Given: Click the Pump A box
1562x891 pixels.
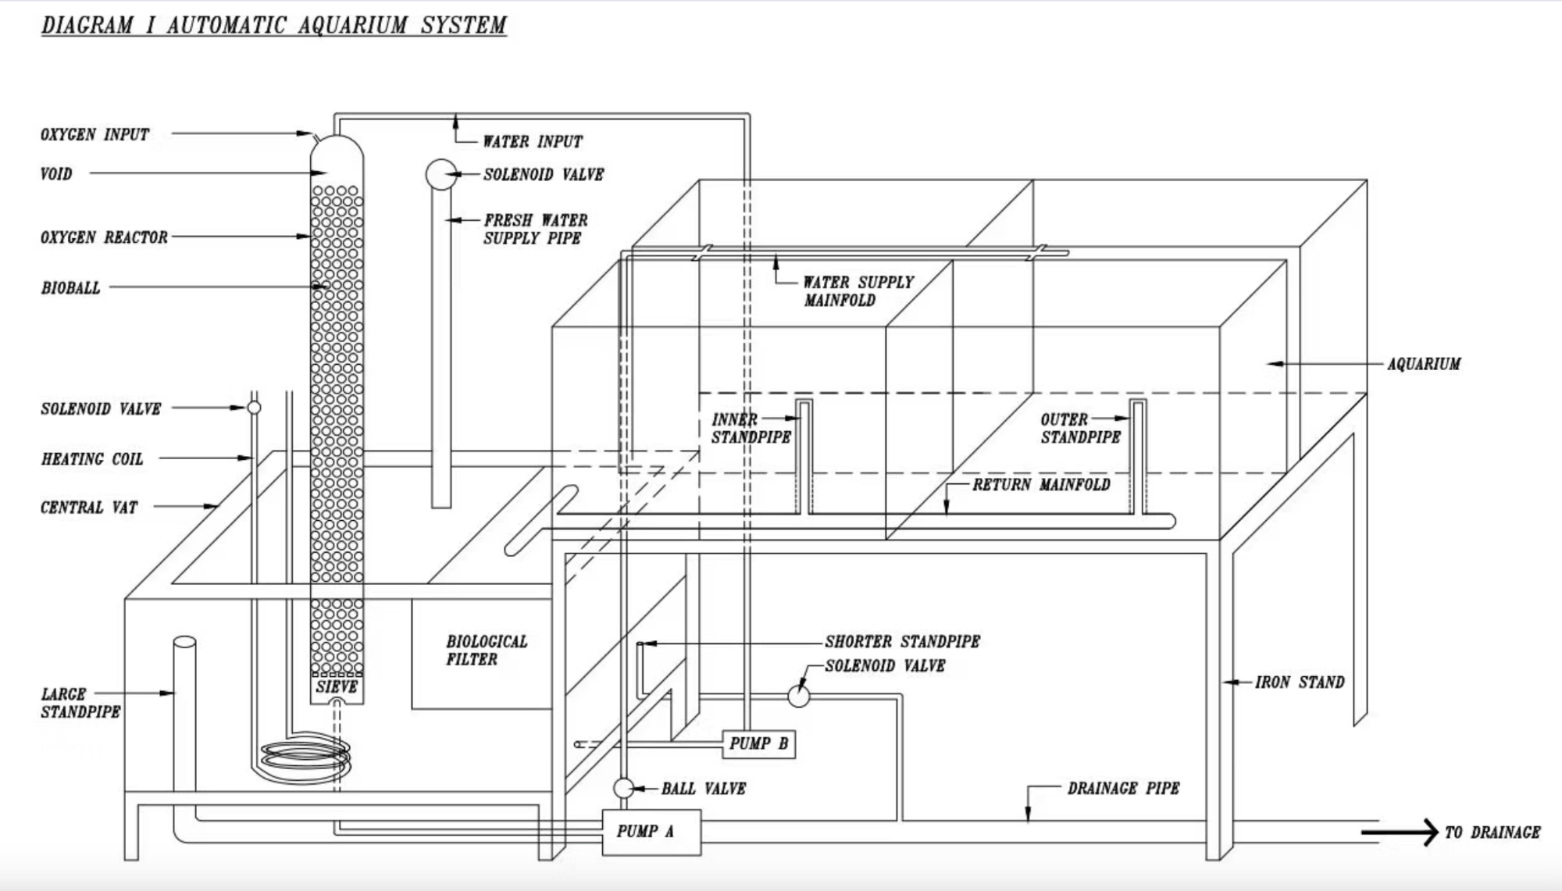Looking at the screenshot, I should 651,832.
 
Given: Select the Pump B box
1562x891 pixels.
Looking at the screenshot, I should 758,743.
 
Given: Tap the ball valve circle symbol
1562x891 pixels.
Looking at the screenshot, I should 623,788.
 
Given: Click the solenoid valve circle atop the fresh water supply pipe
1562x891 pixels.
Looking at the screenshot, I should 441,174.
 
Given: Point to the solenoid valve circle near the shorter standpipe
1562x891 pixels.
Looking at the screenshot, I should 798,695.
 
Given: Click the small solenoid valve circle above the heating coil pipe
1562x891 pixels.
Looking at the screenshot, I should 254,408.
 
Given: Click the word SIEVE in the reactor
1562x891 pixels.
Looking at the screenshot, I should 337,687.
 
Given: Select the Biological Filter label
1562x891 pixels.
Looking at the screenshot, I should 487,650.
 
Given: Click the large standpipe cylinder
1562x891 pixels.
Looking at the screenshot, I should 184,703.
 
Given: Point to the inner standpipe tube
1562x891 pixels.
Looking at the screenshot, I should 804,457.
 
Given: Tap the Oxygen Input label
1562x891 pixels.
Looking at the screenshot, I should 95,134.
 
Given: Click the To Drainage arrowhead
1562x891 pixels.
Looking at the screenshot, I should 1428,832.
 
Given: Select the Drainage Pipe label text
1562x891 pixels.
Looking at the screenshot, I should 1123,788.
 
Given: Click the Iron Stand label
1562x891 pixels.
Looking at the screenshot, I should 1300,683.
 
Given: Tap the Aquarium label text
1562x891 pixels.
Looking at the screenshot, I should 1424,364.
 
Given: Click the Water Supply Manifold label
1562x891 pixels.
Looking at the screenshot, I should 858,291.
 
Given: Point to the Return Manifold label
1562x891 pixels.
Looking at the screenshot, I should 1041,485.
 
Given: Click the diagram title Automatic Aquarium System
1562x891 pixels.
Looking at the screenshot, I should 274,25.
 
